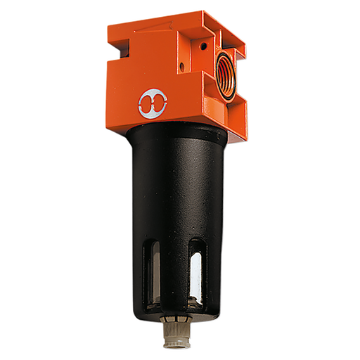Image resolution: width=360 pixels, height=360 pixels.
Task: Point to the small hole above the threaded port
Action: pyautogui.click(x=203, y=45)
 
